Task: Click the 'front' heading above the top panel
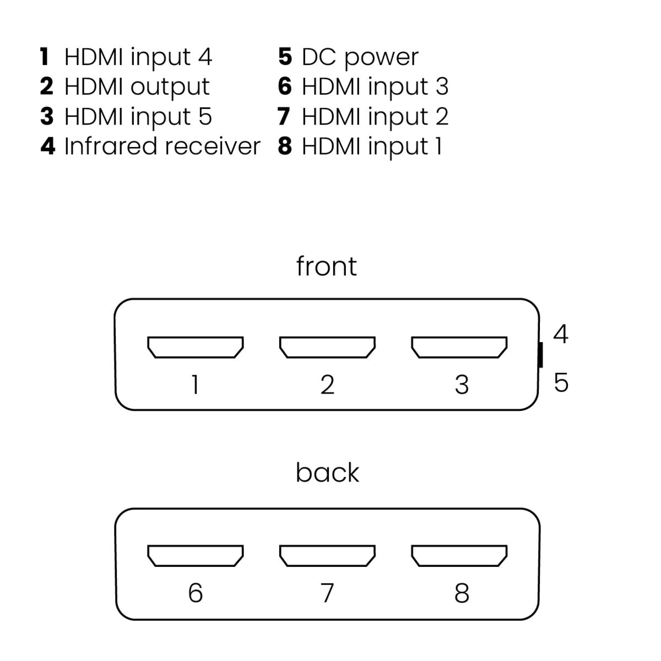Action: (x=326, y=266)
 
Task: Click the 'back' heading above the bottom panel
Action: (x=327, y=473)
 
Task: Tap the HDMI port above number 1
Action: (x=195, y=348)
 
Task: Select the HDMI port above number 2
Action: (x=327, y=348)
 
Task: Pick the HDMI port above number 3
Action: (x=459, y=348)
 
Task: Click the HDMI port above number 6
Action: (x=195, y=556)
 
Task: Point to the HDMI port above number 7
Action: (x=327, y=556)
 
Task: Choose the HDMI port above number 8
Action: (x=459, y=556)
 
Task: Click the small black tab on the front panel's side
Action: (x=540, y=355)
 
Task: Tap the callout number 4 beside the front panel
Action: (x=560, y=334)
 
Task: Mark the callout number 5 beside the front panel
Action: (x=561, y=382)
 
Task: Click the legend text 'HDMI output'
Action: (x=137, y=87)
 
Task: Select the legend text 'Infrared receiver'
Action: (x=162, y=147)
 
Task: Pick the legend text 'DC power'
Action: (x=360, y=57)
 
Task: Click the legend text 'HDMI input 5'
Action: (x=138, y=117)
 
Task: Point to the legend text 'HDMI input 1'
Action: (x=372, y=147)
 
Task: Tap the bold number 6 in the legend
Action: (x=285, y=86)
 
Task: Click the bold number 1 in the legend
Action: (x=45, y=57)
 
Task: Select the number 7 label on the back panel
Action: (x=327, y=593)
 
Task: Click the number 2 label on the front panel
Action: (x=327, y=384)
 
